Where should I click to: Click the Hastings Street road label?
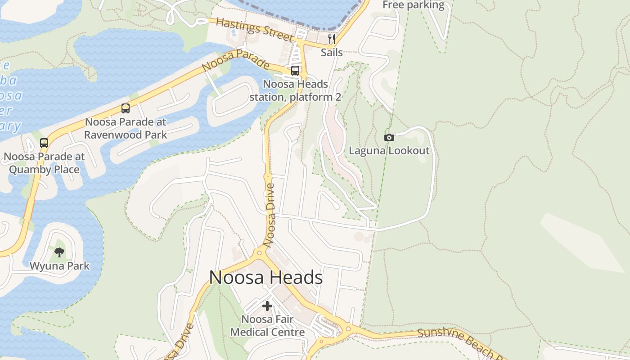pyautogui.click(x=255, y=29)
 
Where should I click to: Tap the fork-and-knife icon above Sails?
pyautogui.click(x=332, y=39)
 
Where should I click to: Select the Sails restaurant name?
pyautogui.click(x=332, y=53)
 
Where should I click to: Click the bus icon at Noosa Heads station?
pyautogui.click(x=295, y=70)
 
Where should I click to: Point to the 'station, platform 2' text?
pyautogui.click(x=295, y=97)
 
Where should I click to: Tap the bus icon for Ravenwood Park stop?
pyautogui.click(x=126, y=108)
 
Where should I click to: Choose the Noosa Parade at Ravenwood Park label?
pyautogui.click(x=126, y=128)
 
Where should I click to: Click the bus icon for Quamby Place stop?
pyautogui.click(x=44, y=143)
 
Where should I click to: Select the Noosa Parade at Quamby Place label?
pyautogui.click(x=44, y=163)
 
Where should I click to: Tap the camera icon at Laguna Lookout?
pyautogui.click(x=389, y=137)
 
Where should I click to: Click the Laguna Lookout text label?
pyautogui.click(x=389, y=151)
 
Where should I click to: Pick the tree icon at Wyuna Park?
pyautogui.click(x=59, y=252)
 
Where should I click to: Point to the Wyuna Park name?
pyautogui.click(x=59, y=266)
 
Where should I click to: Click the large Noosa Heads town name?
pyautogui.click(x=266, y=278)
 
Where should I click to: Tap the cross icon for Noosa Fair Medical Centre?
pyautogui.click(x=267, y=306)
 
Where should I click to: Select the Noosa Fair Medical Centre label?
pyautogui.click(x=267, y=326)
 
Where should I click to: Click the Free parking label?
pyautogui.click(x=413, y=5)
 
